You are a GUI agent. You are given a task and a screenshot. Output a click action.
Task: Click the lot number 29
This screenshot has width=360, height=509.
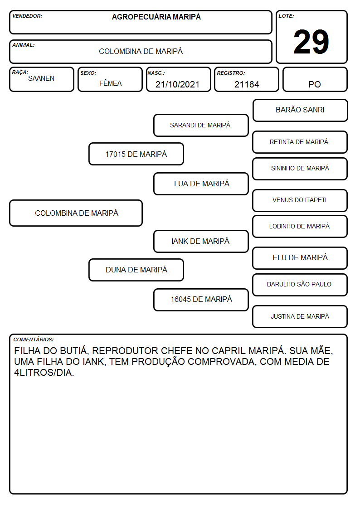[x=311, y=42]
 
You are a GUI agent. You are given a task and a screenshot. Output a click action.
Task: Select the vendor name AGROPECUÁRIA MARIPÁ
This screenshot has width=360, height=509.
[x=156, y=17]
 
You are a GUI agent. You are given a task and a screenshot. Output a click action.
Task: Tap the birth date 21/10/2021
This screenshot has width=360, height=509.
[x=177, y=84]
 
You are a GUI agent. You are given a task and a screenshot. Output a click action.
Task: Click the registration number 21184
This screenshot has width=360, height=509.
[x=247, y=84]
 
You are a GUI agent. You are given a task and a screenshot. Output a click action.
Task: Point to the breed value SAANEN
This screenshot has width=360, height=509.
[x=41, y=78]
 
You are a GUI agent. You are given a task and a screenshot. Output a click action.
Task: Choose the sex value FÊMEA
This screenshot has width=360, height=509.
[x=110, y=83]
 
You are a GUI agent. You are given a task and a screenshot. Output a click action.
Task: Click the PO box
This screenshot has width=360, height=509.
[x=315, y=79]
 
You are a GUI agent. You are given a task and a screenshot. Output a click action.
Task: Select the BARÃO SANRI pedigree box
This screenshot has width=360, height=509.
[x=300, y=111]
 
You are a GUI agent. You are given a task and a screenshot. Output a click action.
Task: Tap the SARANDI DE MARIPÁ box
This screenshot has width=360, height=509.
[x=201, y=125]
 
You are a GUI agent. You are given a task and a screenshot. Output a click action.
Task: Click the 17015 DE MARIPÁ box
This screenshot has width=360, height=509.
[x=136, y=154]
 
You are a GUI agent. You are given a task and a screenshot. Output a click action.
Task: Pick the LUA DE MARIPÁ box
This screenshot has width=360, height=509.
[x=201, y=184]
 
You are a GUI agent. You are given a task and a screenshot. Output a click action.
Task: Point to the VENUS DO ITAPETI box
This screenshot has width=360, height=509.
[x=300, y=201]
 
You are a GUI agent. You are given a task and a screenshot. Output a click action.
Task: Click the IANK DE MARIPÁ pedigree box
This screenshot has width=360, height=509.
[x=201, y=241]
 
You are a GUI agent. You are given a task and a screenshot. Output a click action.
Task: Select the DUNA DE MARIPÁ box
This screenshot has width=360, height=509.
[x=136, y=270]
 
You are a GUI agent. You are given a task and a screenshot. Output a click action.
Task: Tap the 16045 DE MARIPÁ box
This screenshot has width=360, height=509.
[x=201, y=300]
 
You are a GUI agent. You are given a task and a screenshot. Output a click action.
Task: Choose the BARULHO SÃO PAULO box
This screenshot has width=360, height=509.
[x=300, y=285]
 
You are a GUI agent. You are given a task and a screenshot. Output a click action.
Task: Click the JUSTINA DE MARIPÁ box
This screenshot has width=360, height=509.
[x=300, y=316]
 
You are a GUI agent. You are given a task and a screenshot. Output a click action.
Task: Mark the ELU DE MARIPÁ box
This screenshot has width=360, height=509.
[x=300, y=258]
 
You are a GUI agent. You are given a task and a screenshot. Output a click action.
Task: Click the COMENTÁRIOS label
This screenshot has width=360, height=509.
[x=34, y=339]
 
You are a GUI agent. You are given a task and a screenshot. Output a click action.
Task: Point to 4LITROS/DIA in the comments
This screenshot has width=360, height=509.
[x=44, y=373]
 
